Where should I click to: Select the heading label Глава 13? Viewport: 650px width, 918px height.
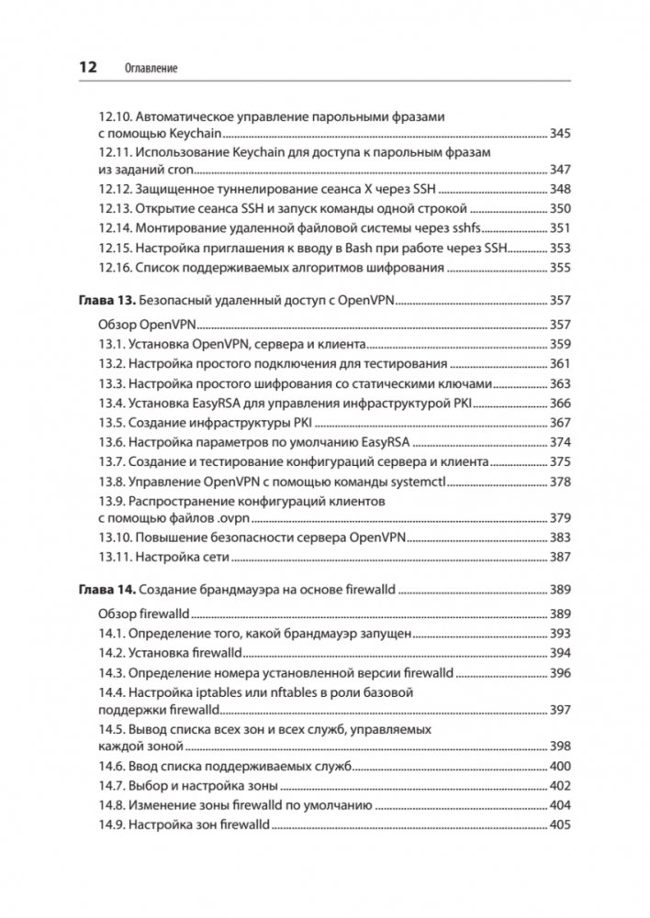pyautogui.click(x=102, y=300)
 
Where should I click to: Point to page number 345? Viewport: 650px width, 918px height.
pyautogui.click(x=560, y=134)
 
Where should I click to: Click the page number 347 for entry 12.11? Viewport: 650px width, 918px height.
pyautogui.click(x=560, y=169)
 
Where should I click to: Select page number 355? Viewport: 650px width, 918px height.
pyautogui.click(x=560, y=268)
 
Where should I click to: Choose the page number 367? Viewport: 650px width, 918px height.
pyautogui.click(x=560, y=423)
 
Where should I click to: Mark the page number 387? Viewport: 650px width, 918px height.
pyautogui.click(x=560, y=557)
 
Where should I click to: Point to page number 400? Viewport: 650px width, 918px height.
pyautogui.click(x=560, y=767)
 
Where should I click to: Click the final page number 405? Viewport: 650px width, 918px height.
pyautogui.click(x=560, y=825)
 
